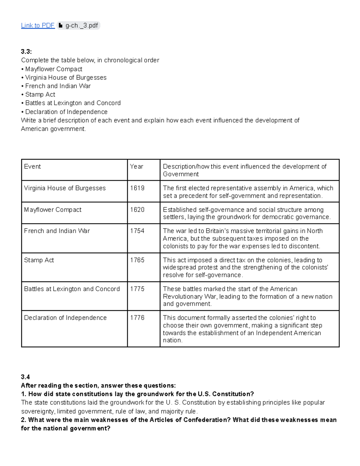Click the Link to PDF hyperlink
pyautogui.click(x=37, y=26)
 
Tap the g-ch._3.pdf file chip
pyautogui.click(x=78, y=26)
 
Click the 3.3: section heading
pyautogui.click(x=26, y=52)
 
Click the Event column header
pyautogui.click(x=32, y=167)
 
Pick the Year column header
pyautogui.click(x=136, y=167)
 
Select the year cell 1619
pyautogui.click(x=137, y=188)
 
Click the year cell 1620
pyautogui.click(x=137, y=210)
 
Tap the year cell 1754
pyautogui.click(x=137, y=231)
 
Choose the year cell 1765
pyautogui.click(x=137, y=260)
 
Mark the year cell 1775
pyautogui.click(x=137, y=289)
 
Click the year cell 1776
pyautogui.click(x=137, y=318)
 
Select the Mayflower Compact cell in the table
pyautogui.click(x=53, y=210)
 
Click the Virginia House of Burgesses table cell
pyautogui.click(x=65, y=188)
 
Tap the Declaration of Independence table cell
pyautogui.click(x=65, y=318)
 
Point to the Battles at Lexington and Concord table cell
pyautogui.click(x=72, y=289)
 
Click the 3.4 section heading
pyautogui.click(x=25, y=377)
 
